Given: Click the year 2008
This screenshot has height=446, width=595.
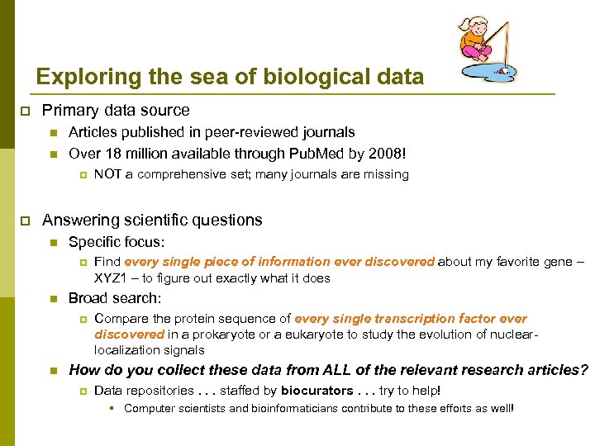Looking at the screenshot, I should [x=387, y=153].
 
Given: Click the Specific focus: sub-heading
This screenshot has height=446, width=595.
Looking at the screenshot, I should [x=117, y=242].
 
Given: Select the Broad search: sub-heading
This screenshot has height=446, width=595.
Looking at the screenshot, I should [x=115, y=298].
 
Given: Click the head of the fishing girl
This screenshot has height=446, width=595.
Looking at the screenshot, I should [x=474, y=26].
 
